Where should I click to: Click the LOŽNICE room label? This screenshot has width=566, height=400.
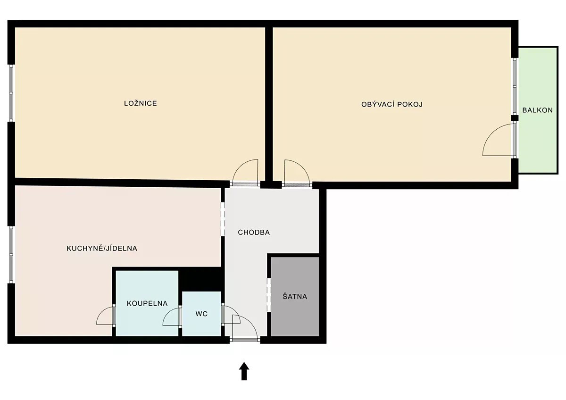[141, 103]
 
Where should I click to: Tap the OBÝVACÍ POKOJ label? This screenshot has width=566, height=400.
[392, 104]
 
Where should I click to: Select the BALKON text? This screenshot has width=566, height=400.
[537, 110]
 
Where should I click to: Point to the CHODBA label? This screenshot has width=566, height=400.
[254, 232]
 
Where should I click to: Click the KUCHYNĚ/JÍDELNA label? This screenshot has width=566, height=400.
[102, 248]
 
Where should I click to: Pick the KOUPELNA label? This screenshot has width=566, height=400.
[147, 303]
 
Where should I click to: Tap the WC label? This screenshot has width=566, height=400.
[201, 314]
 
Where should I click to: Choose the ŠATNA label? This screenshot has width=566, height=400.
[295, 296]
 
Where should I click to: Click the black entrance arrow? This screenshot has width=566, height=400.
[244, 371]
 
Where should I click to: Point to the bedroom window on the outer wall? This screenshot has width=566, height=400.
[11, 93]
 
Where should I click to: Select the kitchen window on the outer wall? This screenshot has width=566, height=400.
[11, 254]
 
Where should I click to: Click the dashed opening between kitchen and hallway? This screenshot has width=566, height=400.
[223, 219]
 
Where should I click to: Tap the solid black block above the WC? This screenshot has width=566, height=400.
[201, 279]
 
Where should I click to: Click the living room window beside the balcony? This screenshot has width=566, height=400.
[515, 87]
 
